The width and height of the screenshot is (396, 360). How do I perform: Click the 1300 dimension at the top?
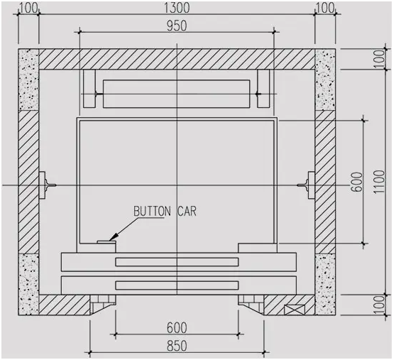coord(177,7)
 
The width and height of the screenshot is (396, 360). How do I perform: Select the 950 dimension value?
coord(177,26)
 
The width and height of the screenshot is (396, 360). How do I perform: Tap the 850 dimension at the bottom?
coord(177,346)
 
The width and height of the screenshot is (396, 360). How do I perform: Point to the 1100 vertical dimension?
coord(380,182)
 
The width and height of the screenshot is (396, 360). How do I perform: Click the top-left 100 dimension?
coord(28,8)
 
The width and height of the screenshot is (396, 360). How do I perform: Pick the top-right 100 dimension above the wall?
coord(325,8)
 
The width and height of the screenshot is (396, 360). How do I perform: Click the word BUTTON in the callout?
coord(152,211)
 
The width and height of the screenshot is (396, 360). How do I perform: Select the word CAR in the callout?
coord(187,211)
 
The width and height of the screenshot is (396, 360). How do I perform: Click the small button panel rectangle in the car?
coord(106,242)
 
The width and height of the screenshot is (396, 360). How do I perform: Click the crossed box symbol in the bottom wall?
coord(294,310)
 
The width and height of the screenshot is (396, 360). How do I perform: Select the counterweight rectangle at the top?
coord(177,94)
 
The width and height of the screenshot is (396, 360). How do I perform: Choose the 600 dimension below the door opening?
coord(177,327)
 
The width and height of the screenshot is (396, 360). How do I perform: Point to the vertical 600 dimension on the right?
coord(357,182)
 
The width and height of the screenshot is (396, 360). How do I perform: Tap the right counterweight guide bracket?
coord(263,89)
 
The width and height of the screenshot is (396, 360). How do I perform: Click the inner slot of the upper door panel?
coord(177,262)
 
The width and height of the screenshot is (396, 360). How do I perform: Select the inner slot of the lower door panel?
coord(177,285)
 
